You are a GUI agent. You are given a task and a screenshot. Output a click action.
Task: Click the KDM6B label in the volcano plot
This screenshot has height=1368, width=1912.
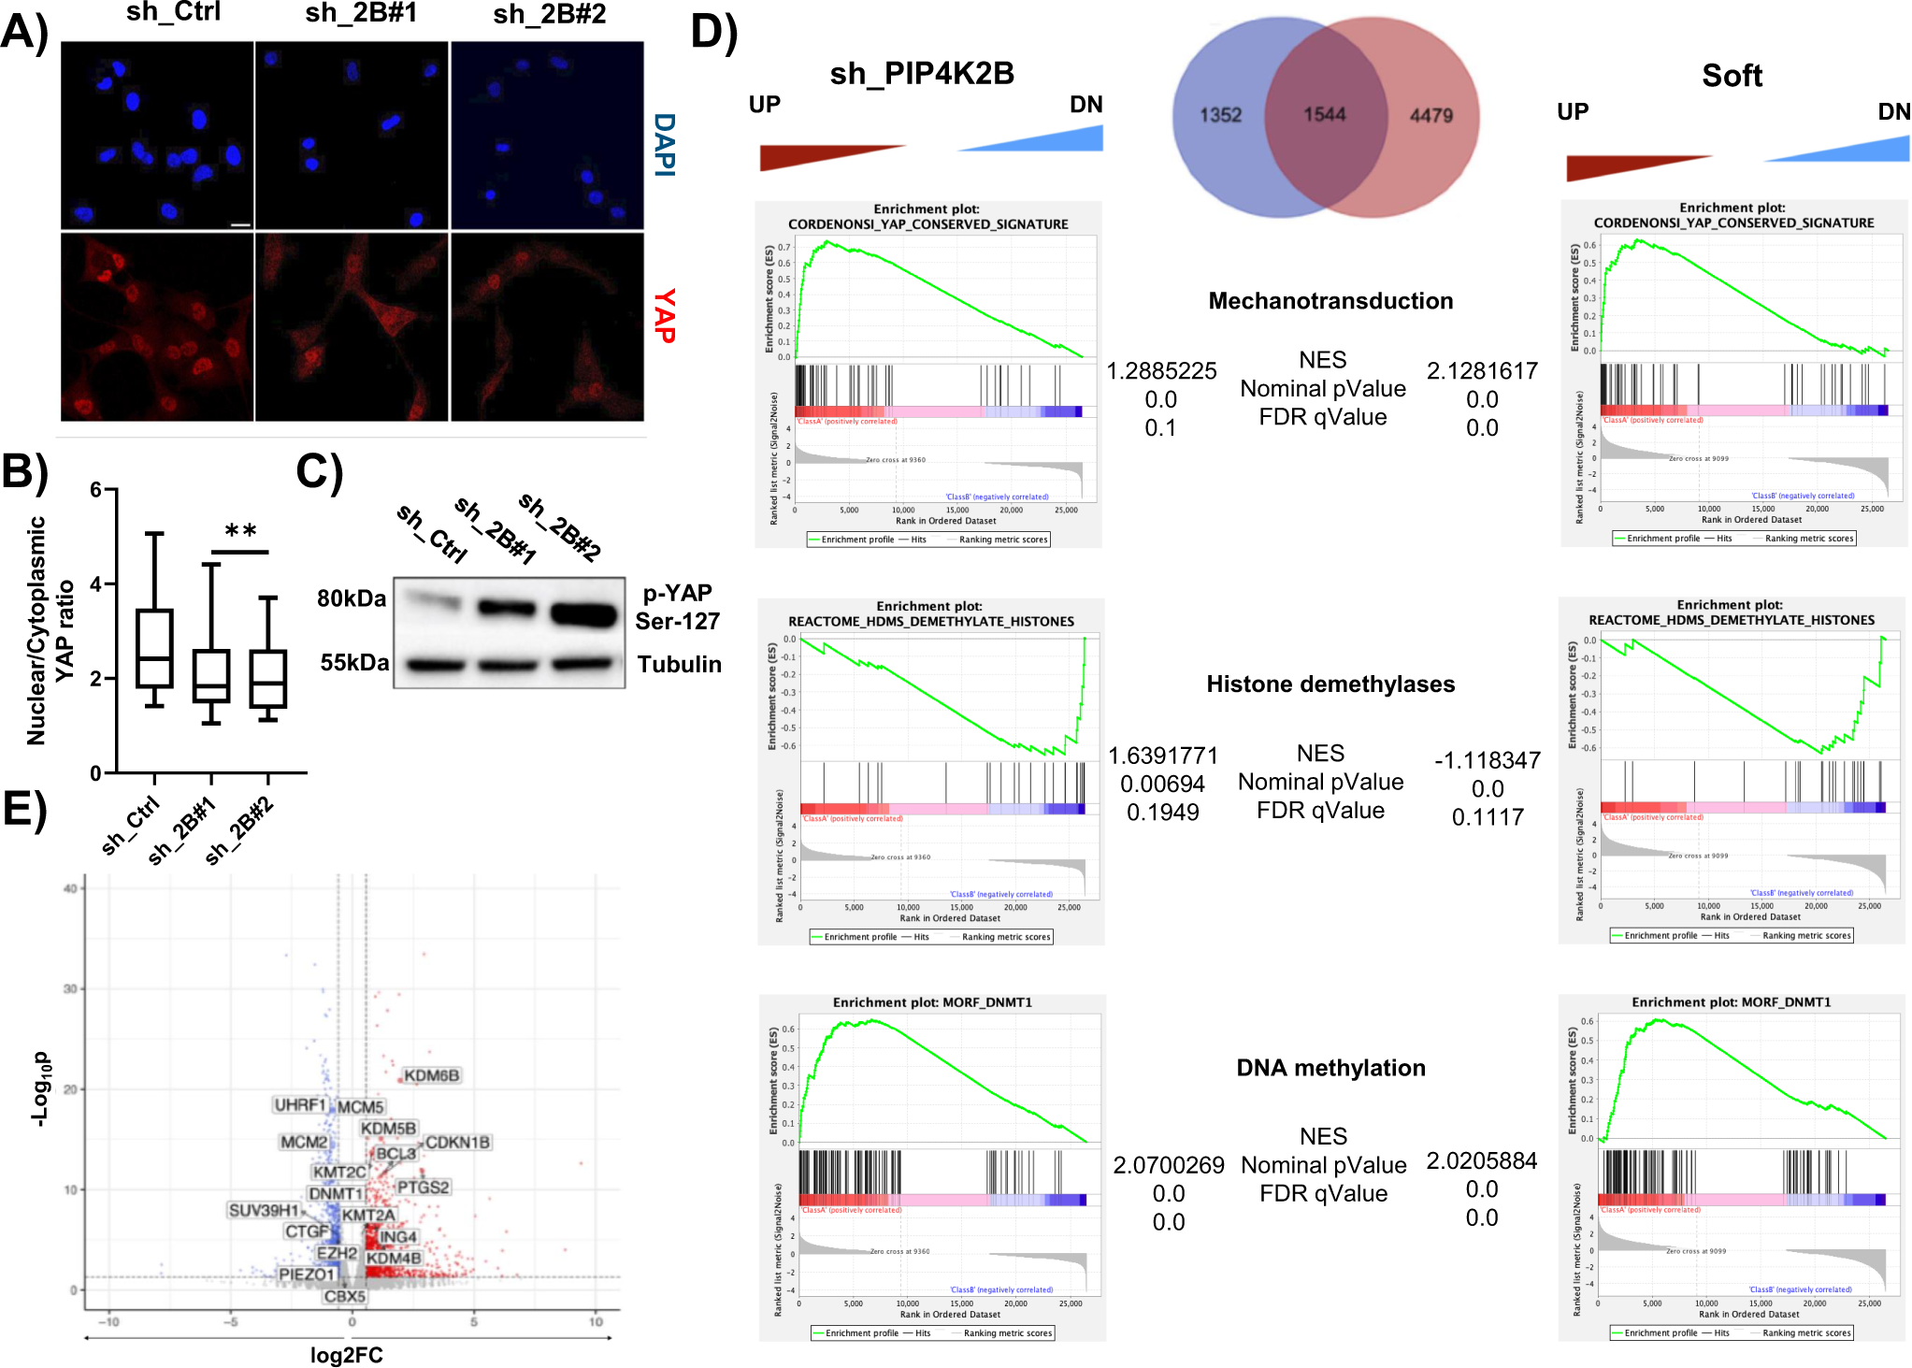click(431, 1075)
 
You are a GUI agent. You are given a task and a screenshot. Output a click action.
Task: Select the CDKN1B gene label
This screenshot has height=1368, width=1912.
click(457, 1142)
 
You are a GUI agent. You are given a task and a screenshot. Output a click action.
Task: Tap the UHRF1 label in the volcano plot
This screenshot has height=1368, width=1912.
click(299, 1104)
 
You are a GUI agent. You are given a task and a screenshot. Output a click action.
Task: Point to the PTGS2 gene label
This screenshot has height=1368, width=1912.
click(424, 1187)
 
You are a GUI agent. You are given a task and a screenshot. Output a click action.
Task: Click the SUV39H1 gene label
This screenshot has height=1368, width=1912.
click(264, 1210)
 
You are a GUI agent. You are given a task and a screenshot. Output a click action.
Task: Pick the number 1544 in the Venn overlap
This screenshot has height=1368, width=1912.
click(1324, 114)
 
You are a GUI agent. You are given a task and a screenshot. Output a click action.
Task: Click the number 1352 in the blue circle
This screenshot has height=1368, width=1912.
click(1220, 115)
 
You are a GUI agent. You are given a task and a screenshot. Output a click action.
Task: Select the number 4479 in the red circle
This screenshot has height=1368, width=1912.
click(1430, 115)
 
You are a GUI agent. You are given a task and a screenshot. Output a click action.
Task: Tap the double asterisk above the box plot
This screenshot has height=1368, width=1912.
click(240, 531)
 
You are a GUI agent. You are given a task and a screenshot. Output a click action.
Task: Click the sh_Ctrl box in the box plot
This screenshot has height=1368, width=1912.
click(154, 648)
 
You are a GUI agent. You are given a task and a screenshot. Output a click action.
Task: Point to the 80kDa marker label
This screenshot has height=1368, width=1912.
click(351, 598)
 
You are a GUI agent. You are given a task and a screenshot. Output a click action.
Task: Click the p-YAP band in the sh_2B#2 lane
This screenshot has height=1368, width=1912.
click(584, 613)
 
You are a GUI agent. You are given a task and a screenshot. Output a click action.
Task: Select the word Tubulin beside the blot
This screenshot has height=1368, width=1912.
click(679, 664)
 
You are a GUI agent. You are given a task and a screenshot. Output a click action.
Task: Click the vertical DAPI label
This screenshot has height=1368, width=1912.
click(664, 144)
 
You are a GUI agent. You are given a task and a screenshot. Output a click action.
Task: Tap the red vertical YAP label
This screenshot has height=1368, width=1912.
click(664, 315)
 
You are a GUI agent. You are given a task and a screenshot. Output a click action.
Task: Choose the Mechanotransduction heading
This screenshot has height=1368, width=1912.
click(1330, 300)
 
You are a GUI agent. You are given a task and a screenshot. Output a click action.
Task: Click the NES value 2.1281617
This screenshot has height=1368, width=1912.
click(1481, 371)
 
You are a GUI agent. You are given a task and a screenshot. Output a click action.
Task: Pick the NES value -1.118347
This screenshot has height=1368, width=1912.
click(1487, 760)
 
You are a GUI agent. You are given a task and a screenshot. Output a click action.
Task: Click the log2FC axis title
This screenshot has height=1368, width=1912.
click(346, 1355)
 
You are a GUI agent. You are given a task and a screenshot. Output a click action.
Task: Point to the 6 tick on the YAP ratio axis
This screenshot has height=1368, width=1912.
click(95, 489)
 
